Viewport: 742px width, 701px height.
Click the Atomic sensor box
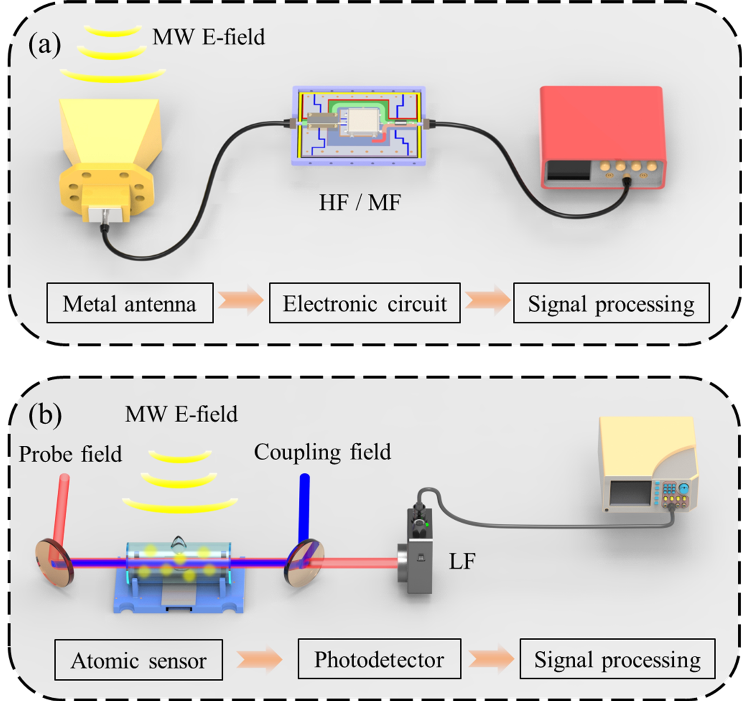click(x=139, y=660)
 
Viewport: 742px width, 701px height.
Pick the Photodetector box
click(x=379, y=659)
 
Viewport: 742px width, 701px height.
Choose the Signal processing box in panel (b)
click(x=617, y=660)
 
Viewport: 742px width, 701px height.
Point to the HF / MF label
click(x=359, y=203)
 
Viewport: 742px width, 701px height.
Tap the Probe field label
click(x=71, y=454)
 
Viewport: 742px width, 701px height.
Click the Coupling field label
click(x=322, y=452)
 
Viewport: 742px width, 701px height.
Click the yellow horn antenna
click(x=110, y=152)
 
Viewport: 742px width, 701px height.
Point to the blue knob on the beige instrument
click(x=684, y=489)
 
